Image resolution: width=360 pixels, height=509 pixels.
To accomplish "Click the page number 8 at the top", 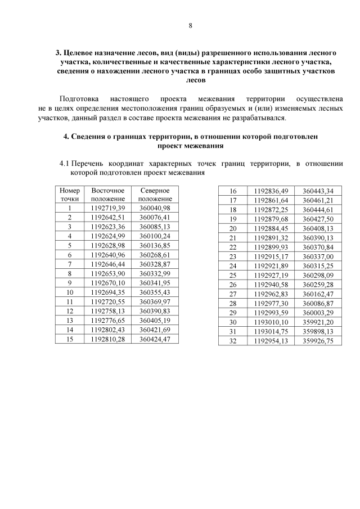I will pos(190,26).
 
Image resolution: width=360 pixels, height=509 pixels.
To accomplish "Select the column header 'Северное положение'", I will pos(155,195).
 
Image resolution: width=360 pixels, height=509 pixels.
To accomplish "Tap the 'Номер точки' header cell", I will pos(70,195).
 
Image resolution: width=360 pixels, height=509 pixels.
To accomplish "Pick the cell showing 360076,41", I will pos(155,217).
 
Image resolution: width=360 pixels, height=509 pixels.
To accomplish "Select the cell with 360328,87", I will pos(155,264).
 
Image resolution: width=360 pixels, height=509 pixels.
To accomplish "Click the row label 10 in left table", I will pos(70,292).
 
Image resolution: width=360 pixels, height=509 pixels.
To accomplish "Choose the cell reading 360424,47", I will pos(155,339).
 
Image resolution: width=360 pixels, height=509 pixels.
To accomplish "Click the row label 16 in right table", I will pos(233,191).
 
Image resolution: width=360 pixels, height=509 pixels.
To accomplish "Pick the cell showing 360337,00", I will pos(318,256).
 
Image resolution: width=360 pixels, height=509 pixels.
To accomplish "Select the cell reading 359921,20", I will pos(318,322).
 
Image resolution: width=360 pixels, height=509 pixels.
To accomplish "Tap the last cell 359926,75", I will pos(318,341).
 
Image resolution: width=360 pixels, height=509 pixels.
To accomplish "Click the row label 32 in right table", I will pos(233,341).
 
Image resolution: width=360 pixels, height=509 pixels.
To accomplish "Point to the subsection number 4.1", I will pos(65,164).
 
